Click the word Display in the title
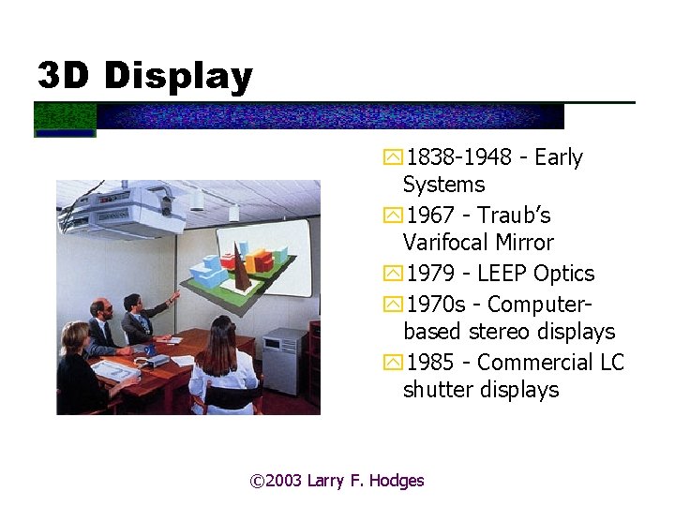click(178, 75)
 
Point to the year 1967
click(428, 216)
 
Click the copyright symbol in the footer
click(258, 481)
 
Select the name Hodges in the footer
click(397, 481)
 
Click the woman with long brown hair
click(222, 361)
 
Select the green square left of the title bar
click(66, 117)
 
